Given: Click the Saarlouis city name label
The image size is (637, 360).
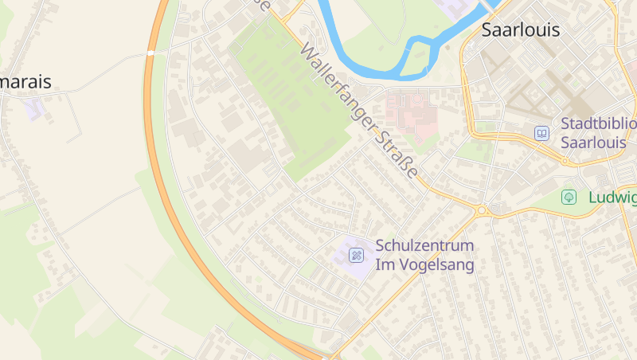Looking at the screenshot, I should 521,30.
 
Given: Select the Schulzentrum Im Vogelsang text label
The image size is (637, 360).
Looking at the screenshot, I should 424,255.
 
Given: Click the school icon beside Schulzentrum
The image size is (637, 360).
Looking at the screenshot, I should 357,255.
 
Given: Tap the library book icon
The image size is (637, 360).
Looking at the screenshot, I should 541,133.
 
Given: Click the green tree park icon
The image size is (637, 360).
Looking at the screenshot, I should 569,197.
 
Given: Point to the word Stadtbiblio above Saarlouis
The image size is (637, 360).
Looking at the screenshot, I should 598,123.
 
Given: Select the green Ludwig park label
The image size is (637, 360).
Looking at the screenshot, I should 612,197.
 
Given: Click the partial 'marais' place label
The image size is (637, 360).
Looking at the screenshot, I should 25,81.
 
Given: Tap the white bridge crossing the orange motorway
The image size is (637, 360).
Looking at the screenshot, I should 150,53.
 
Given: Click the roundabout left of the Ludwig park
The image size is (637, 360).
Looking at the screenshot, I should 482,210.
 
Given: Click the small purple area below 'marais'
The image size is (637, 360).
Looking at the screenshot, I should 33,108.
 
